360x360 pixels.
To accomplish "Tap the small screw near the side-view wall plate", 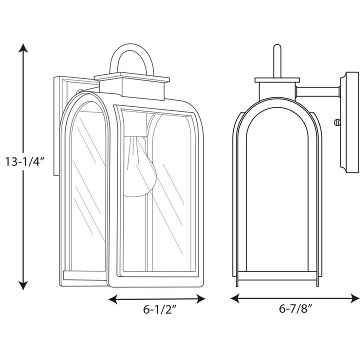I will point(336,121).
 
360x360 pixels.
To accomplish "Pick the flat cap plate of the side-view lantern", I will point(277,80).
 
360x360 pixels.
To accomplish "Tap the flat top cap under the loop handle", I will point(131,77).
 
